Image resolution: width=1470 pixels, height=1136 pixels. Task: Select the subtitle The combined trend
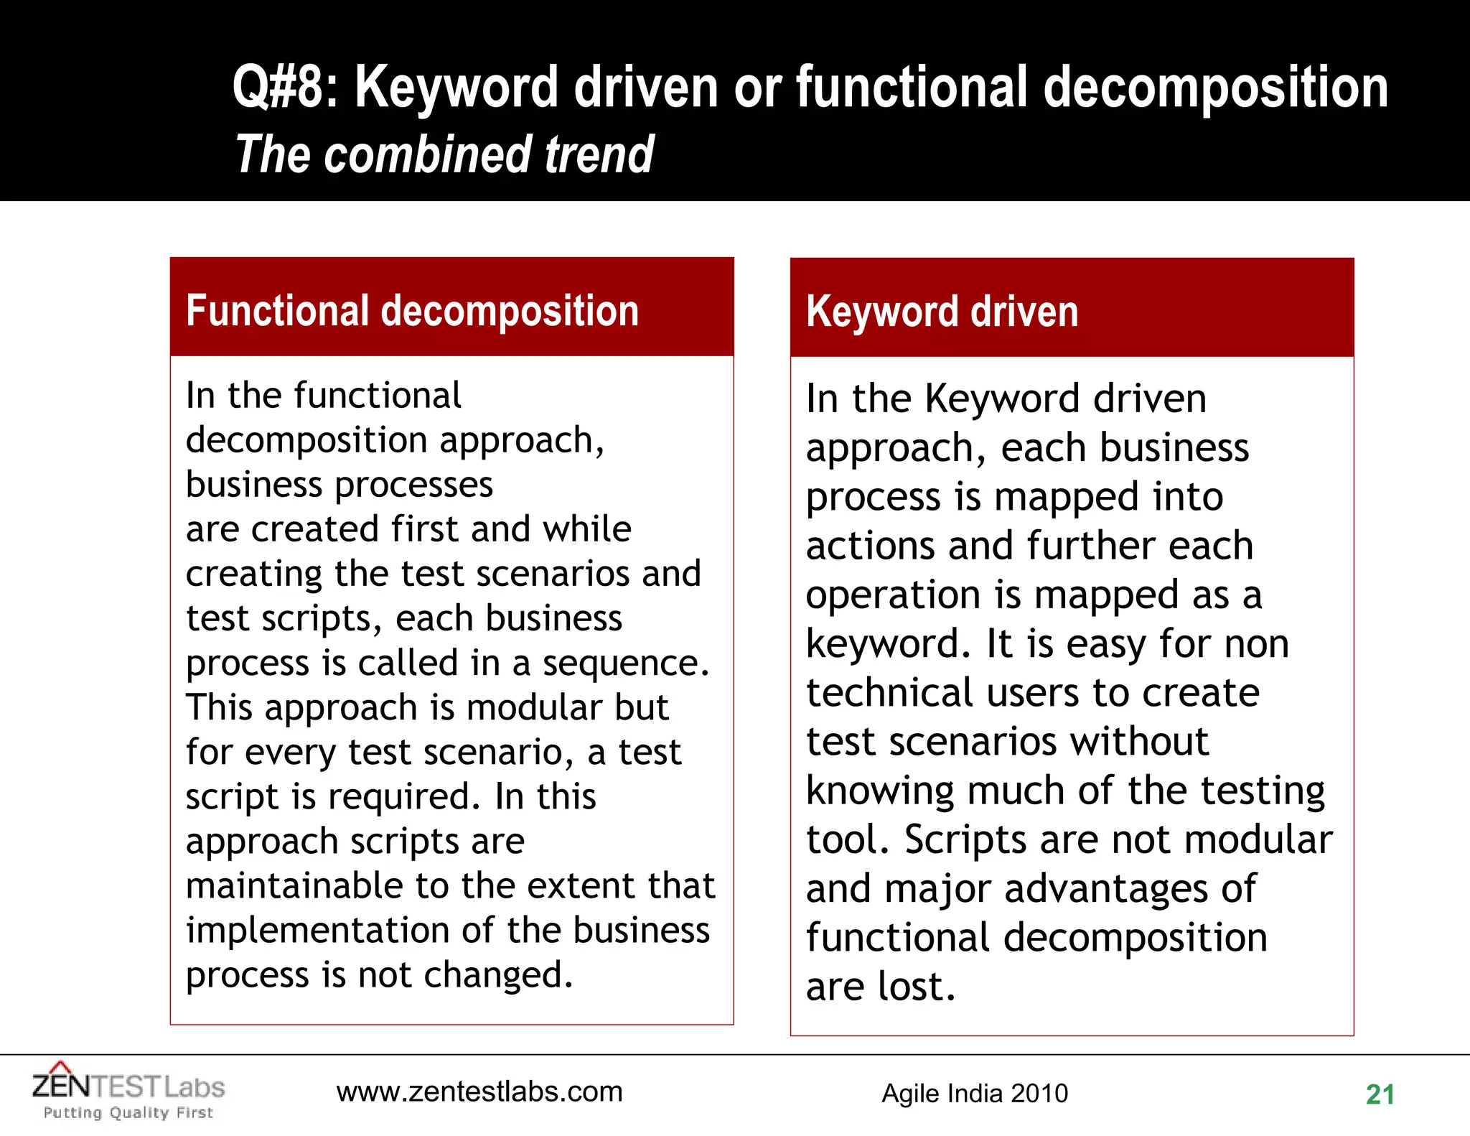coord(444,154)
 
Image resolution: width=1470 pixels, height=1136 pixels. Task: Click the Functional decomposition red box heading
coord(412,311)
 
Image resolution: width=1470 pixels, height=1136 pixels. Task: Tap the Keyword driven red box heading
coord(942,312)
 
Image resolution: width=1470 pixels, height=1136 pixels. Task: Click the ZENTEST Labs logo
coord(128,1086)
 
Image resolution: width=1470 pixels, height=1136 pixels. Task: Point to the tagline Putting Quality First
coord(128,1112)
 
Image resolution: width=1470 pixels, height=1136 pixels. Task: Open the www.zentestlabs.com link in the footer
coord(479,1091)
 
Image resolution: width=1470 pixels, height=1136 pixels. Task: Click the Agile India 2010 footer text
coord(975,1093)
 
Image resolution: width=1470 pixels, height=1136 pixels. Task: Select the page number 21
coord(1380,1094)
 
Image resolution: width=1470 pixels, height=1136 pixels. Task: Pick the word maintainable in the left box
coord(294,885)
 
